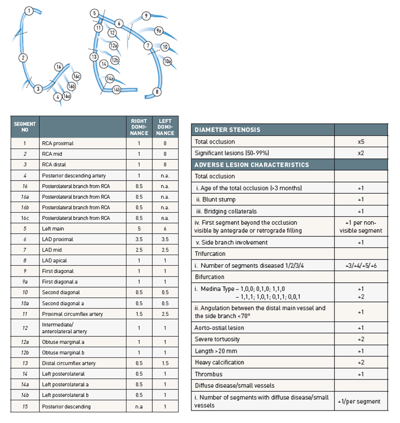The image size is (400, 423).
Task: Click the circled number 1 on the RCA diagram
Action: pos(29,11)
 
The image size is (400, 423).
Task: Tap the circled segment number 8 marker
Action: pos(156,92)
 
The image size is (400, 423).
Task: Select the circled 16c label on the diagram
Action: pos(76,77)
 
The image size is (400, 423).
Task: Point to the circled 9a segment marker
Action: pos(159,31)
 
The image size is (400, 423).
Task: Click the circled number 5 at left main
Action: pos(94,13)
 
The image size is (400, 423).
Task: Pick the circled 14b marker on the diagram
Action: pos(116,90)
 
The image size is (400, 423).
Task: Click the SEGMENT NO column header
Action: pos(25,127)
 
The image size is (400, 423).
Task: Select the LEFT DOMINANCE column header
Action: pos(165,127)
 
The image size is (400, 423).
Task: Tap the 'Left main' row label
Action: pos(53,229)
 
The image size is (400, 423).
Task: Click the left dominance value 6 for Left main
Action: pos(165,229)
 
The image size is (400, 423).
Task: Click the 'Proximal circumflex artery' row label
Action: pos(73,314)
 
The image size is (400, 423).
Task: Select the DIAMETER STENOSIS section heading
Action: pos(227,129)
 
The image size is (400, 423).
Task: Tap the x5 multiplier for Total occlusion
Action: pos(361,141)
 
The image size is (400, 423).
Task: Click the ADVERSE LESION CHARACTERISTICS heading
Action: pos(252,165)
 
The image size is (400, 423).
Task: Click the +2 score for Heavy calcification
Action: pos(361,362)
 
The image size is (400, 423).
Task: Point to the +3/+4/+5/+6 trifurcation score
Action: pos(361,265)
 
